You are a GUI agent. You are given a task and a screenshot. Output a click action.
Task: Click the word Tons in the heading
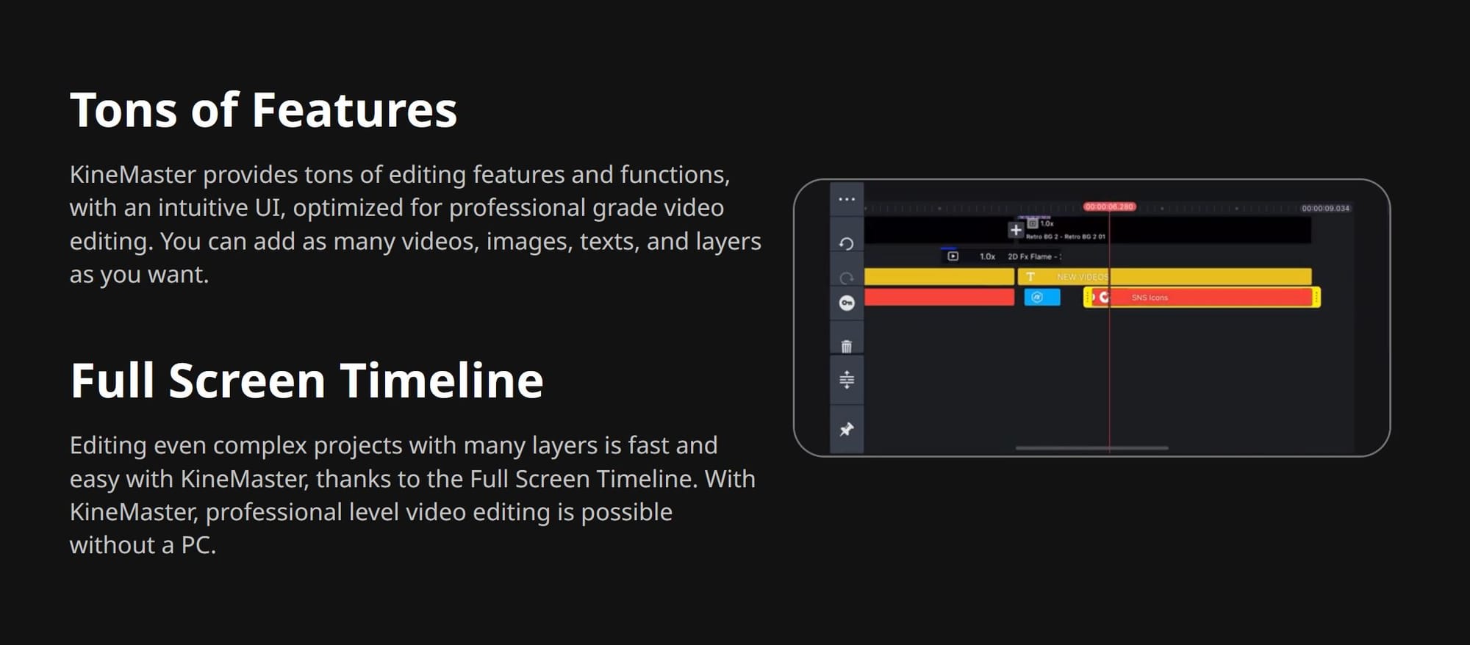tap(123, 111)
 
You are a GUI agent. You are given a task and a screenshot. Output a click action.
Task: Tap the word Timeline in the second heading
tap(442, 381)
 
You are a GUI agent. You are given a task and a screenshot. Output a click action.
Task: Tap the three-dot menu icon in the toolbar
tap(847, 199)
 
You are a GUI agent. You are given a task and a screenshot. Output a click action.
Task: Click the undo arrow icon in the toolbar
tap(847, 244)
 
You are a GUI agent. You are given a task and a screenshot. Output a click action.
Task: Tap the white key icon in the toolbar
tap(847, 303)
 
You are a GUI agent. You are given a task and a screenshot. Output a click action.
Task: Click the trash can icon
tap(847, 346)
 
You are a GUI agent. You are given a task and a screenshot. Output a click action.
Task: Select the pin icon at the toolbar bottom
tap(847, 429)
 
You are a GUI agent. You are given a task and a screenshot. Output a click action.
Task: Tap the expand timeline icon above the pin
tap(847, 380)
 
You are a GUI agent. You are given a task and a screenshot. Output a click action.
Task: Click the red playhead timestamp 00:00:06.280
tap(1109, 207)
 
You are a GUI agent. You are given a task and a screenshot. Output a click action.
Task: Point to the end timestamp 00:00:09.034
tap(1325, 209)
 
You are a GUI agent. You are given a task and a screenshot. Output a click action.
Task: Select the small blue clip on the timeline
tap(1042, 298)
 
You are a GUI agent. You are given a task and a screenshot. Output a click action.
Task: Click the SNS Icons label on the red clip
tap(1150, 298)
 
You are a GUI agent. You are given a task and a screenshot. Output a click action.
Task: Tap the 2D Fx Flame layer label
tap(1033, 256)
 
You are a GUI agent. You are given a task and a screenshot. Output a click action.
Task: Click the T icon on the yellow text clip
tap(1030, 277)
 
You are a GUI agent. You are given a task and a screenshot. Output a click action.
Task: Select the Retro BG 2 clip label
tap(1065, 237)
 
